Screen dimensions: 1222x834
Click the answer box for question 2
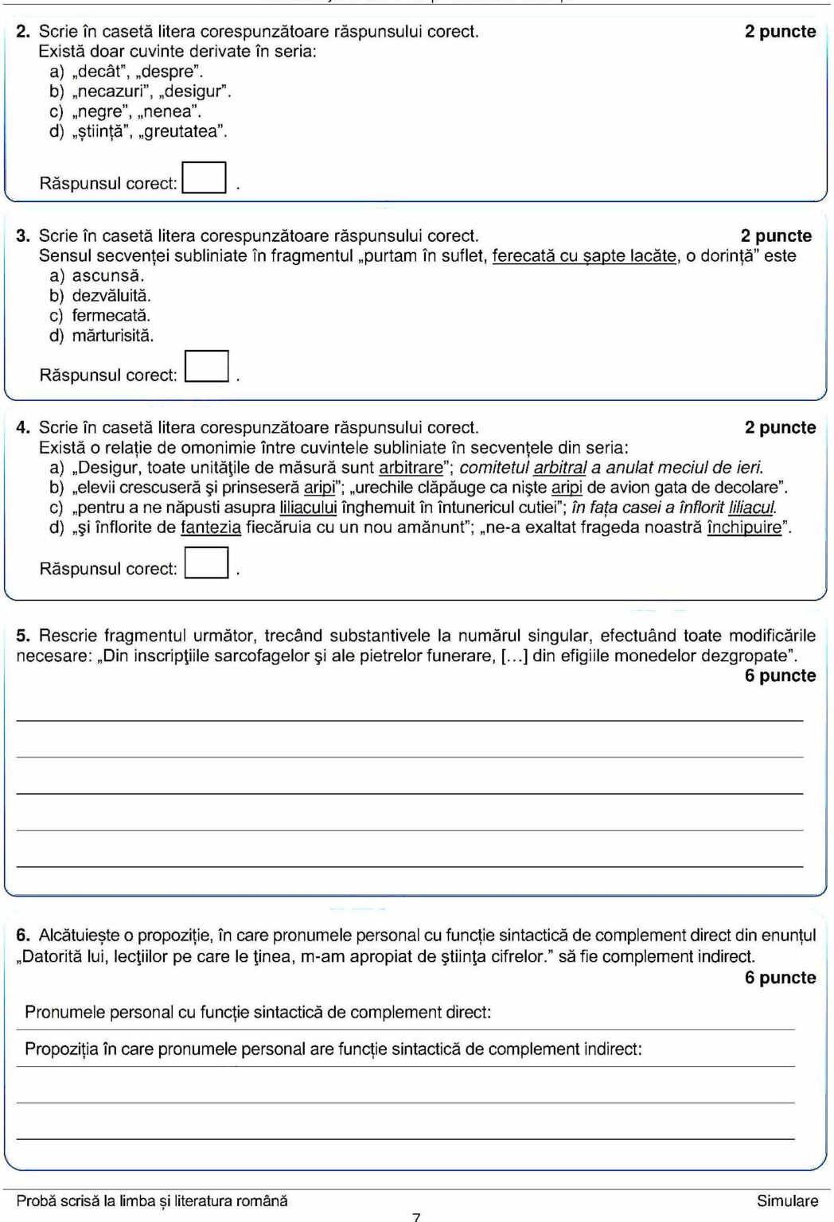pos(204,177)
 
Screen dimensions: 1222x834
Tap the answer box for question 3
pos(207,367)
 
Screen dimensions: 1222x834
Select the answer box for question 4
pos(206,562)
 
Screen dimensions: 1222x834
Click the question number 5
pos(23,636)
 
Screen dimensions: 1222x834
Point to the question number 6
pos(23,936)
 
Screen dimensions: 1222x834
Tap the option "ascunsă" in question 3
pos(108,276)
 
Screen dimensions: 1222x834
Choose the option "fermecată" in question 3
pos(111,316)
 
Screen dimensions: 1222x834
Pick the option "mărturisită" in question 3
pos(113,336)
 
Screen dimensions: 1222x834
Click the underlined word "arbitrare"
pos(411,468)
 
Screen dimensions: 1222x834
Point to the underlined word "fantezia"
pos(211,527)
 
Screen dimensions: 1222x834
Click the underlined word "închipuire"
pos(744,527)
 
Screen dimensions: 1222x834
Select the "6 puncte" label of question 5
pos(780,675)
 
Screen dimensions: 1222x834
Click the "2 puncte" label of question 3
pos(776,236)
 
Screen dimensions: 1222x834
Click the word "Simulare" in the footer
pos(787,1201)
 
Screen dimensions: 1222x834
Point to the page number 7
pos(416,1216)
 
